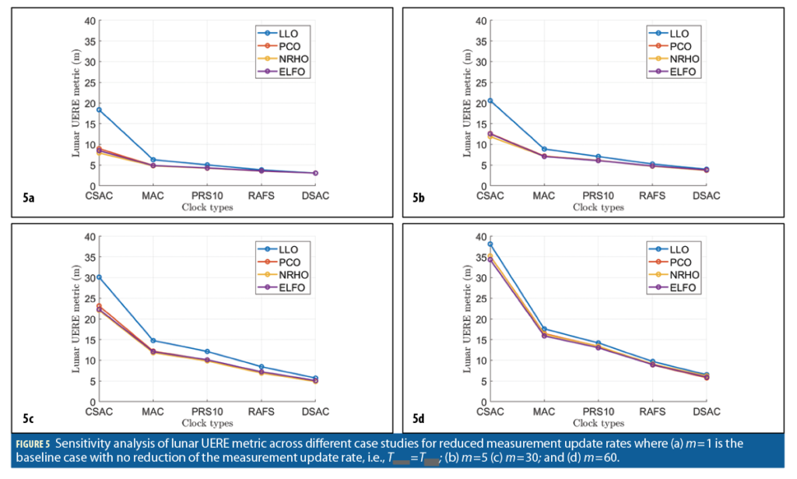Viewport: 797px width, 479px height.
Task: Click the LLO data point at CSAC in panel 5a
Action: [x=99, y=109]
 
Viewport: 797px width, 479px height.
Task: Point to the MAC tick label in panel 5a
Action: [x=153, y=195]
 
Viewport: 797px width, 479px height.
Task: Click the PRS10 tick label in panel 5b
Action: [x=598, y=195]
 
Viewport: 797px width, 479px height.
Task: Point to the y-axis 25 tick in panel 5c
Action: [x=90, y=298]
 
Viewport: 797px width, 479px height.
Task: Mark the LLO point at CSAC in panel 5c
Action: [x=99, y=277]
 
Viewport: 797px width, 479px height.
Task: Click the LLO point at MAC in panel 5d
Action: [x=544, y=329]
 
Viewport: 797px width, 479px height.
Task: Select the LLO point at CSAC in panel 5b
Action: [x=490, y=100]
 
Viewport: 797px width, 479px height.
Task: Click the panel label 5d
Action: [x=419, y=418]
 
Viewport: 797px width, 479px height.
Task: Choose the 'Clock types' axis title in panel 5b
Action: [x=598, y=208]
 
